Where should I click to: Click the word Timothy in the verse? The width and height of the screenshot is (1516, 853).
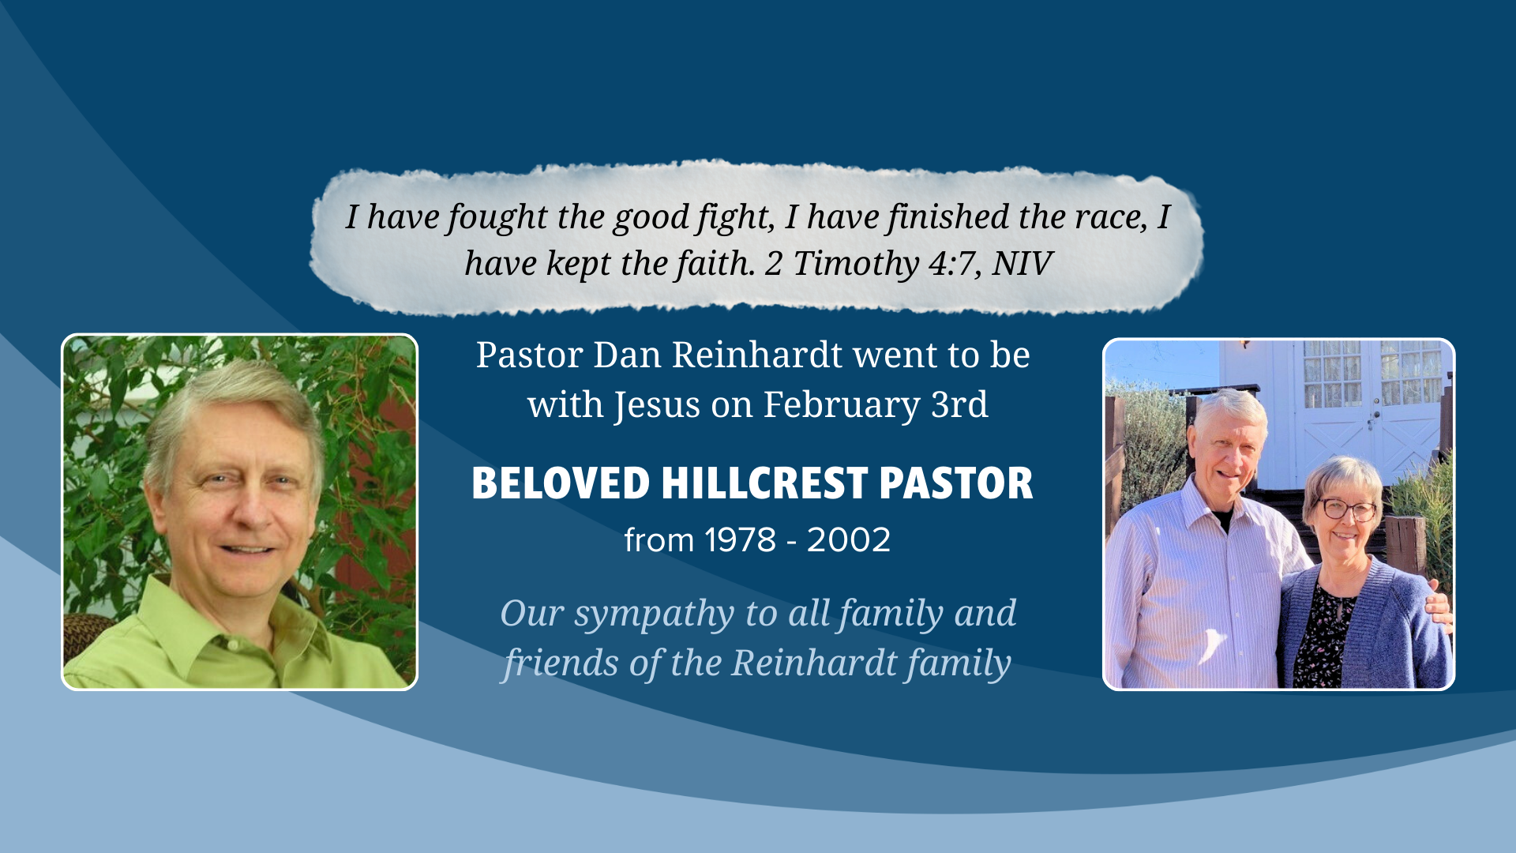coord(856,264)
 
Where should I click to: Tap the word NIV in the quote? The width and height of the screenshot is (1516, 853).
coord(1023,264)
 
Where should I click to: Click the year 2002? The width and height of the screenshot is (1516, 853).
coord(849,540)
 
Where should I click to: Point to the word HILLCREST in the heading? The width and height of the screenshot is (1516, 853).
coord(764,483)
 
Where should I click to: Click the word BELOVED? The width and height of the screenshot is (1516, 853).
coord(561,483)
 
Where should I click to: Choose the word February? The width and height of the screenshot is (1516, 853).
coord(841,405)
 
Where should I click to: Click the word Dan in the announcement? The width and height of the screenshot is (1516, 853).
coord(627,355)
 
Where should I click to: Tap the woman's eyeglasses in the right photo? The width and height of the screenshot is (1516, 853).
coord(1347,510)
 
